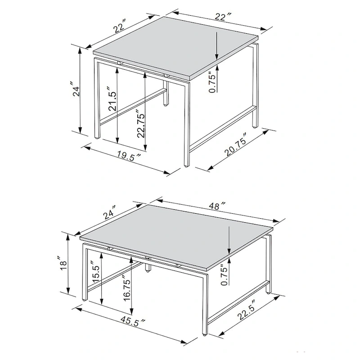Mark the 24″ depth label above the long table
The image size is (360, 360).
109,211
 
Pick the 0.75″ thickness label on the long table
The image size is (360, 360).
225,274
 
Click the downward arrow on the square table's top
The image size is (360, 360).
216,45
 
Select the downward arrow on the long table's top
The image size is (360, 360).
229,241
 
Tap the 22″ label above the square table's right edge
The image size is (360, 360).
220,17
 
